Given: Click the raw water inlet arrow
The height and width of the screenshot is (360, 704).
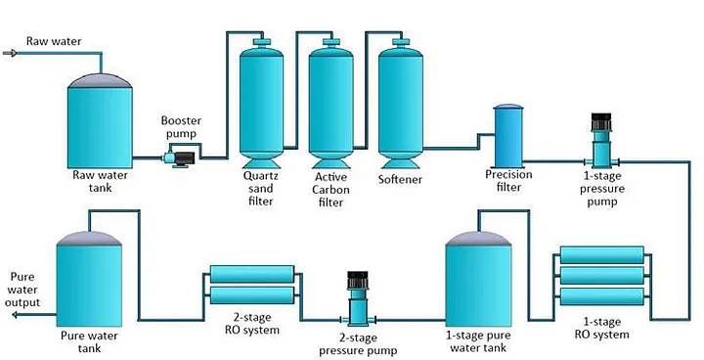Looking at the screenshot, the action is point(11,54).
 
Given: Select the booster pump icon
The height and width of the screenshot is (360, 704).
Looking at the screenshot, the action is point(179,158).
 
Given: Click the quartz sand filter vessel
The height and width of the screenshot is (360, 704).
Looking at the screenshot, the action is point(261,104).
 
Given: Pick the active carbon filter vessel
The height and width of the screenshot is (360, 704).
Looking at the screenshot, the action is point(330,104).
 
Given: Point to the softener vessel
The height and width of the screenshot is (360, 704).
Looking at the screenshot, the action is point(401,104).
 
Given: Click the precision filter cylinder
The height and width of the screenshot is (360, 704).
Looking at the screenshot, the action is point(508,136).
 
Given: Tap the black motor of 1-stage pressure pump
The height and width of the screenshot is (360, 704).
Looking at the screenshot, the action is point(601,121).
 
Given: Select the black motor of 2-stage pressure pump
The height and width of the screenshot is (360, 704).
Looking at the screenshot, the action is point(358,280).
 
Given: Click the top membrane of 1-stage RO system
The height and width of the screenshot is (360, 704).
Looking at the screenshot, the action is point(601,254).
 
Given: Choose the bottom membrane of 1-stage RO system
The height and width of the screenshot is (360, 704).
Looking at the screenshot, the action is point(601,296).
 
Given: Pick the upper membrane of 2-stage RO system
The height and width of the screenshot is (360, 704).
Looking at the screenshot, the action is point(252,274).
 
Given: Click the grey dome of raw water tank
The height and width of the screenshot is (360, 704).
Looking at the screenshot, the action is point(100,81).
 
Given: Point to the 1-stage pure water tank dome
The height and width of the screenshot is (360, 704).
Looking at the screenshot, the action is point(478,238).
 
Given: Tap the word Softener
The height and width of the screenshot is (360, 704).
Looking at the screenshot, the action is point(400,179).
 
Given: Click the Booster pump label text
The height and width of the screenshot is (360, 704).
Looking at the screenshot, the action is point(182,127).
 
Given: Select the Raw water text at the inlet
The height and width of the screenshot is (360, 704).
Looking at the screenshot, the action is point(54,41).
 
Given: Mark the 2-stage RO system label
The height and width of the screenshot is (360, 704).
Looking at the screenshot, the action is point(252,324).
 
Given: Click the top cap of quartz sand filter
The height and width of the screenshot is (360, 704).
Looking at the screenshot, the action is point(262,42).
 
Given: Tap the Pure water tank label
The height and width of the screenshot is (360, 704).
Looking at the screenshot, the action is point(89,342).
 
